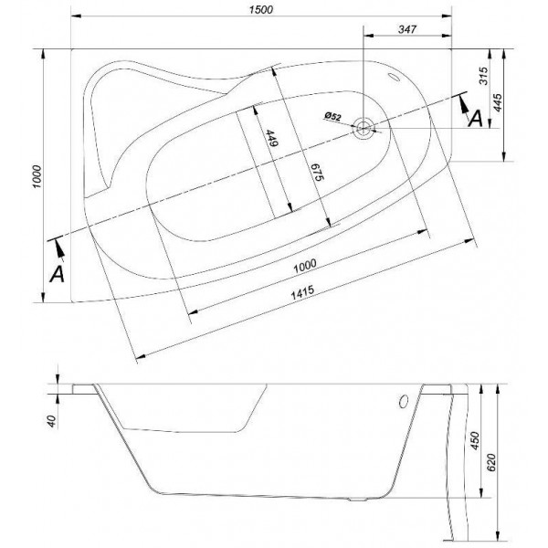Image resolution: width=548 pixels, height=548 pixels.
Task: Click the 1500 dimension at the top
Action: coord(261,9)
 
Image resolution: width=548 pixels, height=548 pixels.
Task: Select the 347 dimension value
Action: coord(407,29)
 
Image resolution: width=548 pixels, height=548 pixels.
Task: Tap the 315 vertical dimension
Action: coord(483,76)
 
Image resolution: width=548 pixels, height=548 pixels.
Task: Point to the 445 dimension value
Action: coord(498,102)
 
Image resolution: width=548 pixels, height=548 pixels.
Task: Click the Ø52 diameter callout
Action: coord(332,116)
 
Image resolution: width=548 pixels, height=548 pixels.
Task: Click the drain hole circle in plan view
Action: coord(364,128)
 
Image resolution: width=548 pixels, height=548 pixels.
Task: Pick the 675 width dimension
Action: coord(319,172)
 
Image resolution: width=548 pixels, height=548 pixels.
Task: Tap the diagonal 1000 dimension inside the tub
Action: coord(305,266)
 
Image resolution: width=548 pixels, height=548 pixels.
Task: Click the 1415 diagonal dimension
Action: coord(302,292)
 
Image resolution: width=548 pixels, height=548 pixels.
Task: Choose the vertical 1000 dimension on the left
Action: coord(37,177)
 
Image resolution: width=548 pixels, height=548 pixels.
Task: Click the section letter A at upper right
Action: coord(475,119)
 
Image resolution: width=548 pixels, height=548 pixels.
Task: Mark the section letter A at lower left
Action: coord(57,274)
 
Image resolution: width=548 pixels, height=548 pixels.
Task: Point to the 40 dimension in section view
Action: coord(52,421)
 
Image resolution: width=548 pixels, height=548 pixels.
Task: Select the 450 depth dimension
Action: coord(475,441)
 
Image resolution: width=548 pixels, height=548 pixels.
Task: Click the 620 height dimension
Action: coord(491,462)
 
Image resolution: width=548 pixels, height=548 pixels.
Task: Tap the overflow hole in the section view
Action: coord(404,402)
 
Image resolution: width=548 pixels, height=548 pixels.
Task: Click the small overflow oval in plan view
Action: coord(395,77)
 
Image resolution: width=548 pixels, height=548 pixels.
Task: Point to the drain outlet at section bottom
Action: coord(357,500)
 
